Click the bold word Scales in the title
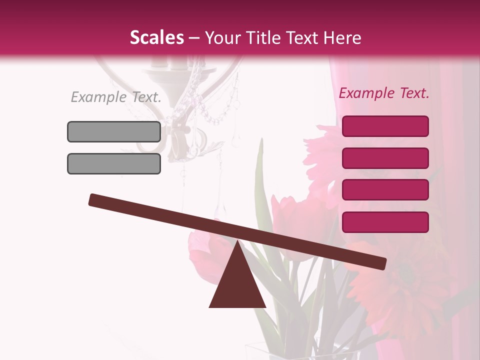[156, 37]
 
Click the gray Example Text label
[116, 97]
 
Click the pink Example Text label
[384, 93]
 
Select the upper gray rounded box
[114, 131]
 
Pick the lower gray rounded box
[114, 163]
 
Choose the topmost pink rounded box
[385, 126]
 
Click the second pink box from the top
[385, 158]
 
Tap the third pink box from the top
[385, 190]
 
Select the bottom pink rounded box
[385, 222]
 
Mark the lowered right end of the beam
[382, 263]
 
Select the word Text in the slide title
[303, 37]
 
